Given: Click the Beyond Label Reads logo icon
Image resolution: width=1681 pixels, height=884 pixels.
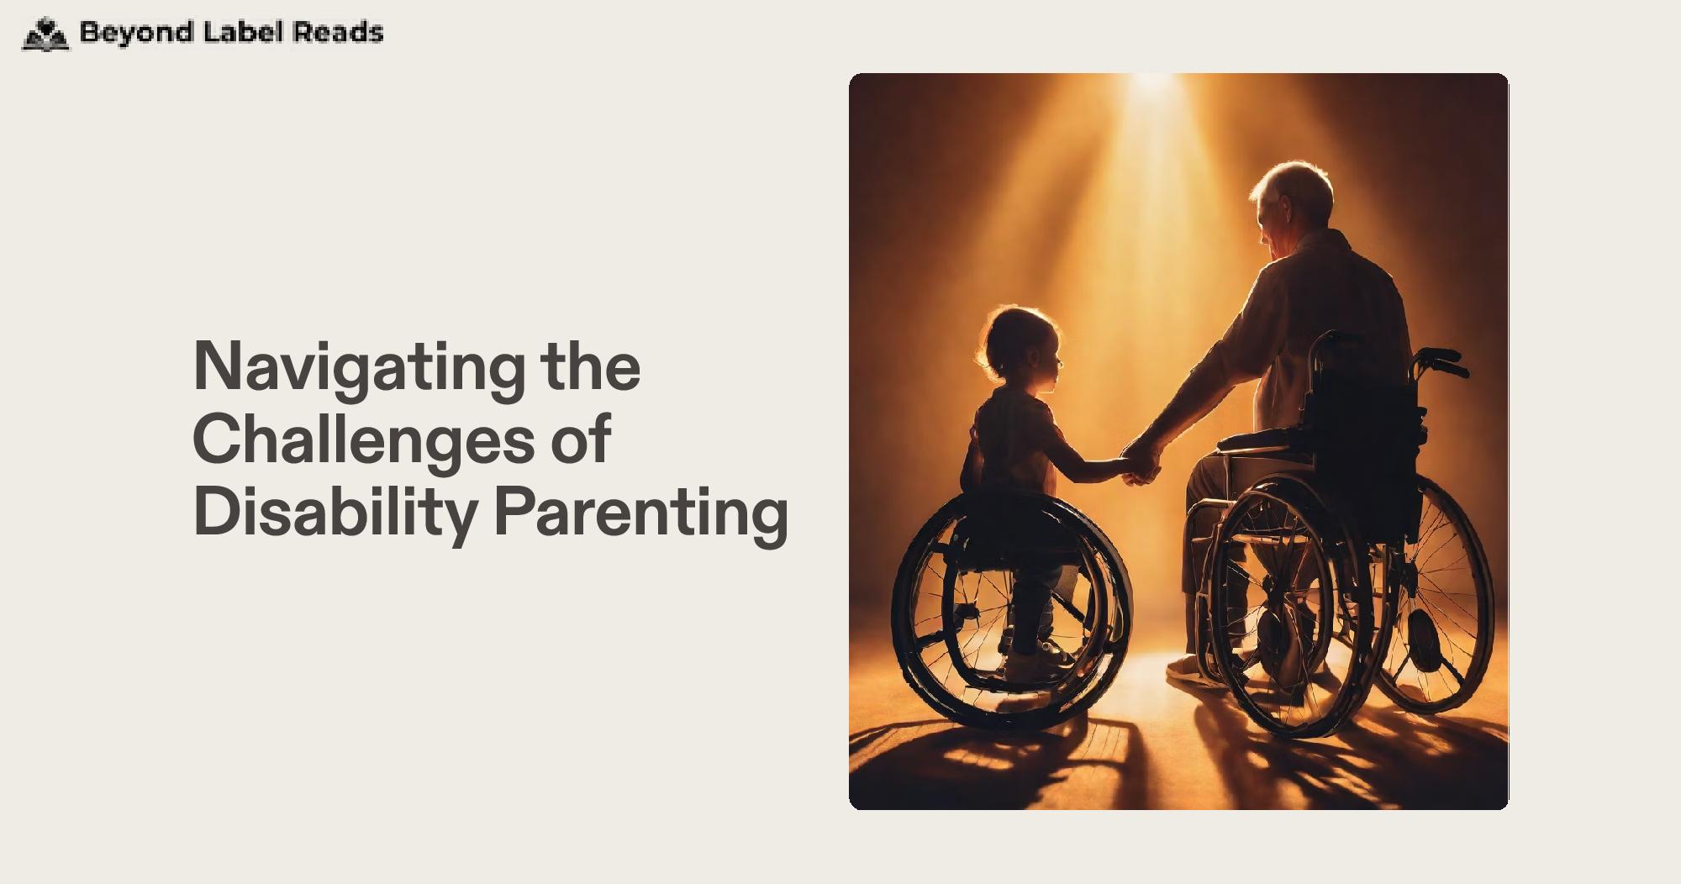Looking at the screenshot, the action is [x=45, y=34].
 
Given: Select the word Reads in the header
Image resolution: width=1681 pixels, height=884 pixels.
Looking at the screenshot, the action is [x=338, y=32].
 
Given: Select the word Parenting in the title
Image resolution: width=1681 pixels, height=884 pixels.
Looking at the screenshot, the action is [x=641, y=514].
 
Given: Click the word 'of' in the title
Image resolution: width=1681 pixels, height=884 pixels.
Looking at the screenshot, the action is [x=581, y=439].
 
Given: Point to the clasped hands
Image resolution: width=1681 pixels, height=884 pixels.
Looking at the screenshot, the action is [x=1141, y=463].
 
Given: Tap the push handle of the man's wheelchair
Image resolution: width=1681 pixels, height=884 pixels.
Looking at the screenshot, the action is [x=1439, y=362].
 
